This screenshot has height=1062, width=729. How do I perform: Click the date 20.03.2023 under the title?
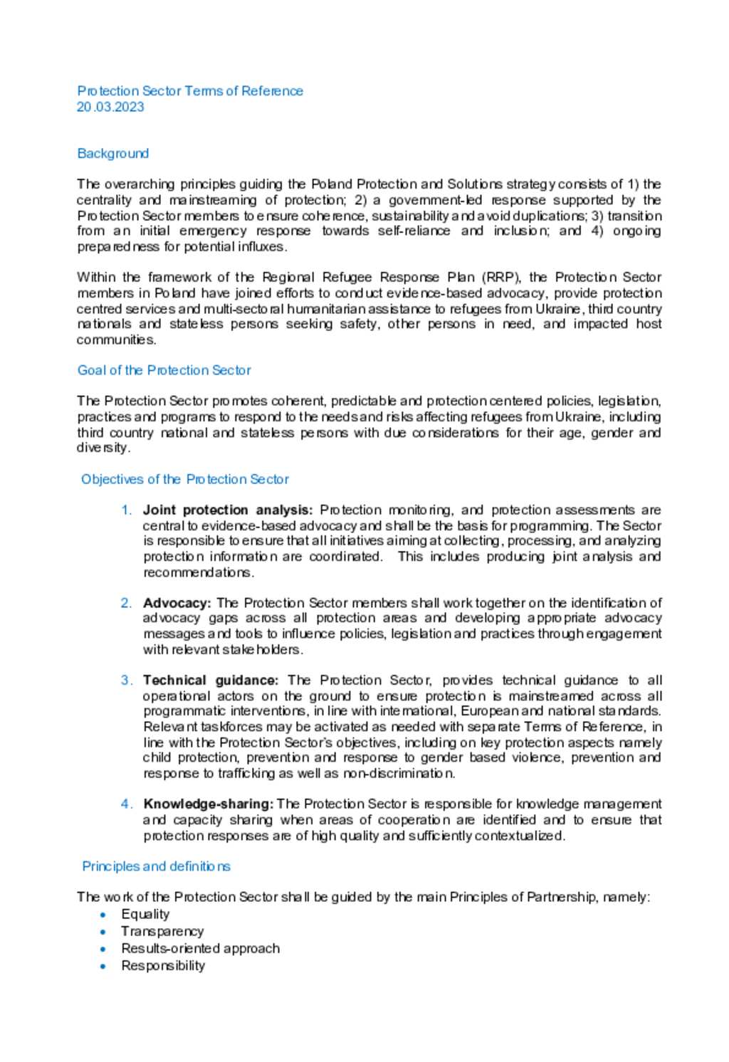coord(110,107)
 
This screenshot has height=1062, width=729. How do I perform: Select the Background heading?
coord(112,154)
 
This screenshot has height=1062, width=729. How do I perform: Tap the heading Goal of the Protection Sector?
coord(164,370)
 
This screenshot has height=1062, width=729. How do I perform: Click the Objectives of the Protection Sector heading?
coord(185,479)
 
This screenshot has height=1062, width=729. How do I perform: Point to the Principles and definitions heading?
coord(156,866)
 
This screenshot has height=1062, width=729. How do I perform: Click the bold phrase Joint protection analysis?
coord(227,510)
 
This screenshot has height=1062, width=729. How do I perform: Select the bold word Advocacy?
coord(177,603)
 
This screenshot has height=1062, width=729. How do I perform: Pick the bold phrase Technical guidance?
coord(210,680)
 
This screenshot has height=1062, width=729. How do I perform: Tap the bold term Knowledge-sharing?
coord(208,804)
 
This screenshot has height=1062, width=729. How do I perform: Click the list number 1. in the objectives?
coord(126,510)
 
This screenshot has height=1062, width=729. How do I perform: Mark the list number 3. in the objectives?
coord(126,680)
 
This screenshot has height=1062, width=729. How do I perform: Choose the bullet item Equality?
coord(145,914)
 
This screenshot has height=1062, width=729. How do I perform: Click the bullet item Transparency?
coord(162,931)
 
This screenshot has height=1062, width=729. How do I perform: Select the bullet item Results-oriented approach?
coord(200,948)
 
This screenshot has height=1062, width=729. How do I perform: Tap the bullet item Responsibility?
coord(163,966)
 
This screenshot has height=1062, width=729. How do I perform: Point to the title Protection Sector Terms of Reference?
coord(190,91)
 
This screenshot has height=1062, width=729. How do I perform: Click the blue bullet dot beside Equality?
coord(104,915)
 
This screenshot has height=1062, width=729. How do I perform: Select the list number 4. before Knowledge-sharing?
coord(126,804)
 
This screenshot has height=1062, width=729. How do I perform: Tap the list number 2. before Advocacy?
coord(126,603)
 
